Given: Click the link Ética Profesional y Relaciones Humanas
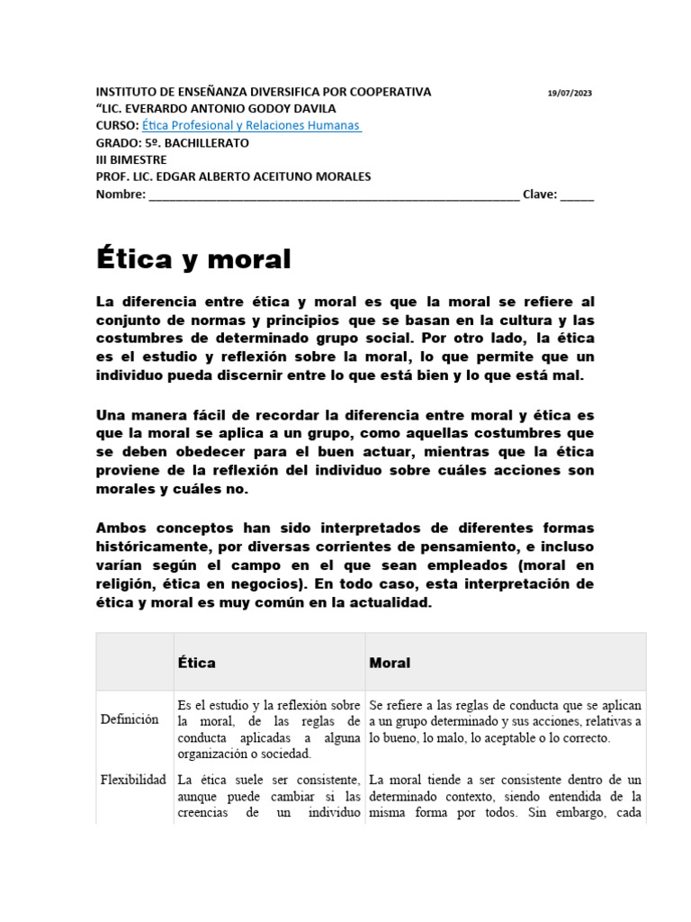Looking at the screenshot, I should (x=252, y=125).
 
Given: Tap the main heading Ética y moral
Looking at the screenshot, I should (x=193, y=259).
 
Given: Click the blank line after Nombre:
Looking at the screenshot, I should (x=333, y=194).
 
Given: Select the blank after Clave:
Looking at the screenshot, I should (x=577, y=194).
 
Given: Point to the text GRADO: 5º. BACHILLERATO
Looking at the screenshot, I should (x=173, y=142).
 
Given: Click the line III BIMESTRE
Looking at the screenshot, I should (x=131, y=159).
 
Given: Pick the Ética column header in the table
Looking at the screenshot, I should (x=197, y=663).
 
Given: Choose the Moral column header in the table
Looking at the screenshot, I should (x=390, y=663).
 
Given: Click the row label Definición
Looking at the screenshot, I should (x=130, y=719).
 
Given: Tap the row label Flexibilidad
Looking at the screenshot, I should (x=133, y=780).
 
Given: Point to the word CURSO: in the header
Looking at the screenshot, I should (x=117, y=125).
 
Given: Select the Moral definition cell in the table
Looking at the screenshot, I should (x=505, y=721).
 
